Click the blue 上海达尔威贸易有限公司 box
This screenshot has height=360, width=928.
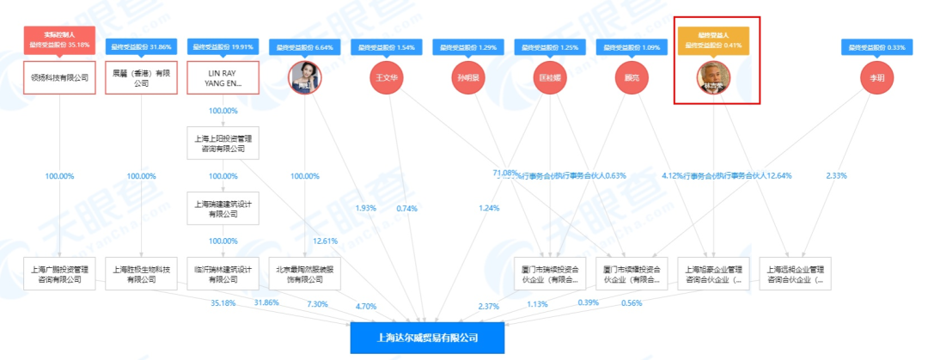pyautogui.click(x=427, y=338)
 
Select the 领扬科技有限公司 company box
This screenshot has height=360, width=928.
pyautogui.click(x=60, y=77)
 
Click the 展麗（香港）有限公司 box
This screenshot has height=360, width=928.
pyautogui.click(x=142, y=77)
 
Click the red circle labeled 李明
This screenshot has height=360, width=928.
pyautogui.click(x=877, y=78)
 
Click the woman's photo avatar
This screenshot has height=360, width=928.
pyautogui.click(x=305, y=78)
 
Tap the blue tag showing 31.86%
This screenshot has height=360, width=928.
pyautogui.click(x=142, y=47)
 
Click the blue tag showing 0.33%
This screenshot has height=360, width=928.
pyautogui.click(x=877, y=47)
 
